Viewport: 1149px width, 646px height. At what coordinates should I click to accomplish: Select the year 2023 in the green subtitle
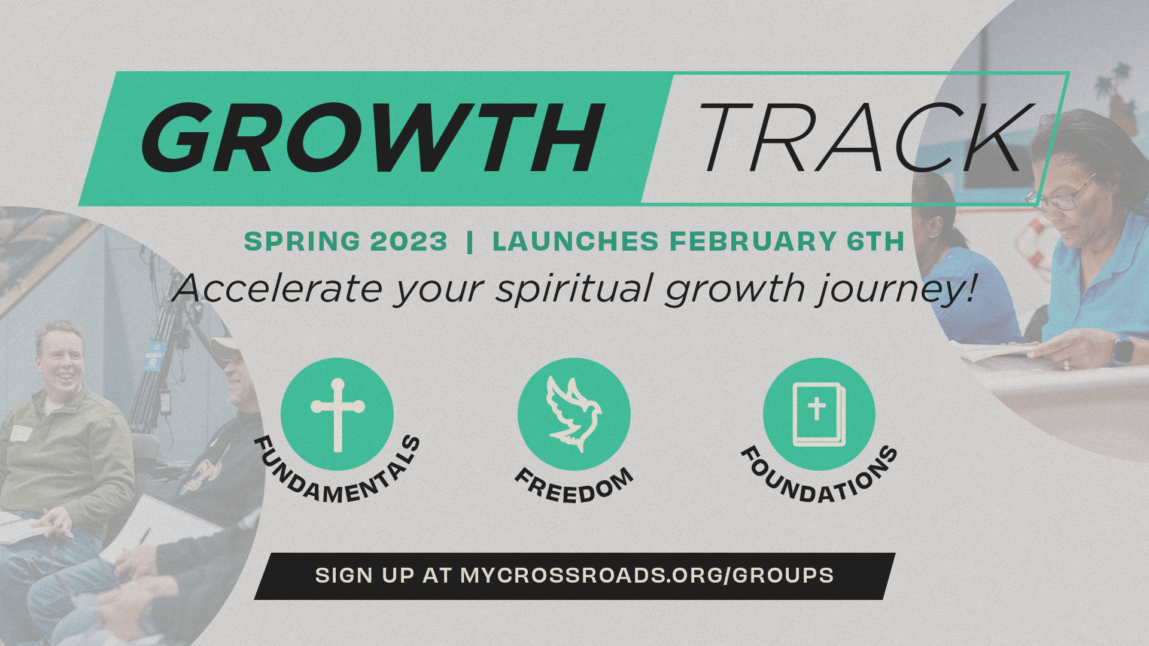pyautogui.click(x=409, y=242)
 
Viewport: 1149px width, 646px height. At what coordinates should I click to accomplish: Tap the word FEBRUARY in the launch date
pyautogui.click(x=753, y=242)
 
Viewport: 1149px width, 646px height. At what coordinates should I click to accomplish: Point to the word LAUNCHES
pyautogui.click(x=576, y=242)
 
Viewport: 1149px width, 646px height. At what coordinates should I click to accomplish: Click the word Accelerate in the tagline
pyautogui.click(x=277, y=288)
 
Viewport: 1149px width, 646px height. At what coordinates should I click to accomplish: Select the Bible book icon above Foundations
pyautogui.click(x=819, y=415)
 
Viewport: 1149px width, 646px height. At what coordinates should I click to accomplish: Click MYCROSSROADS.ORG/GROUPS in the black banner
pyautogui.click(x=647, y=575)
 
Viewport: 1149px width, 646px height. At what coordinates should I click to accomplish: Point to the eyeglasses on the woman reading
pyautogui.click(x=1062, y=195)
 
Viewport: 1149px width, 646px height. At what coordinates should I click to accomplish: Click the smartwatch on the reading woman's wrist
pyautogui.click(x=1122, y=350)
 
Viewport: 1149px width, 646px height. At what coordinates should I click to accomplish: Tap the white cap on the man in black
pyautogui.click(x=225, y=347)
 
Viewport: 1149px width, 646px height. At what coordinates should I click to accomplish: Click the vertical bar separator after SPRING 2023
pyautogui.click(x=470, y=242)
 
